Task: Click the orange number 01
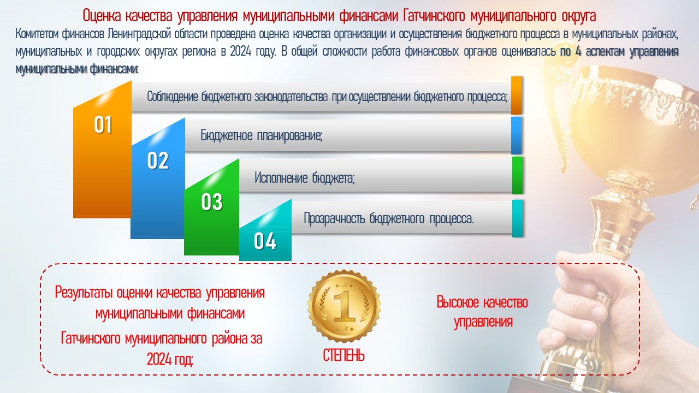click(x=103, y=125)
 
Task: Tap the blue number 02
click(x=158, y=160)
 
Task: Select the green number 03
click(x=211, y=201)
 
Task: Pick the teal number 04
click(x=265, y=241)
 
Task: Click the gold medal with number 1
click(x=344, y=306)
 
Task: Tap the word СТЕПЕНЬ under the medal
click(x=343, y=355)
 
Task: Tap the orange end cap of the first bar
click(x=516, y=95)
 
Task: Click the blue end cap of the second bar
click(x=516, y=135)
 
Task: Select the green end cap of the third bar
click(x=517, y=175)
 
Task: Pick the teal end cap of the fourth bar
click(x=517, y=218)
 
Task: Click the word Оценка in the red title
click(x=102, y=16)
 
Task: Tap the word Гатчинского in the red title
click(x=434, y=16)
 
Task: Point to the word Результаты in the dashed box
click(x=84, y=293)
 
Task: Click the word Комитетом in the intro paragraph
click(x=37, y=34)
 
